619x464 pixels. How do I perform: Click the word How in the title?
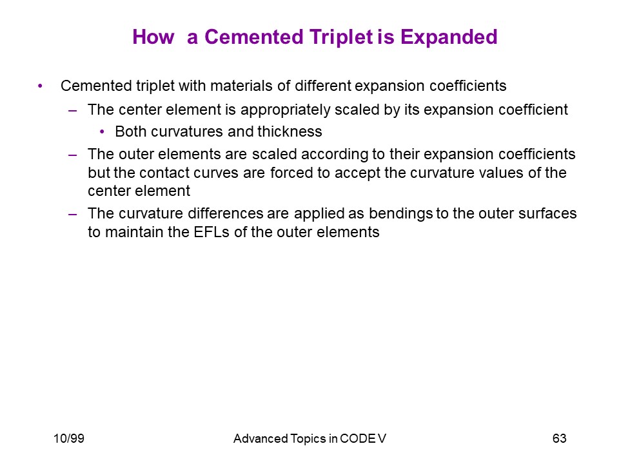point(153,37)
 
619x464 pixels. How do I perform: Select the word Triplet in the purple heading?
point(341,38)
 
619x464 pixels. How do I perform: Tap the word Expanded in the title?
point(449,38)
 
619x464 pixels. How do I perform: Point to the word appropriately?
point(286,110)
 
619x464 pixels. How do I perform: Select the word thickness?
point(290,131)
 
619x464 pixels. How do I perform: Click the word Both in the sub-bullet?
point(131,131)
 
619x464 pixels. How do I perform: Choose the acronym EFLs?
point(211,232)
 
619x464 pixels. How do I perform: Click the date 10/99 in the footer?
point(69,438)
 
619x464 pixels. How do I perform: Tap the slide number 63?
point(560,438)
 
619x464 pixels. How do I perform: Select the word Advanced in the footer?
point(260,438)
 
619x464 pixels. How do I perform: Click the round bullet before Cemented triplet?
point(40,86)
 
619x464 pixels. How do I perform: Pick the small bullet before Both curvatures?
point(103,131)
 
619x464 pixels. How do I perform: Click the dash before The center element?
point(73,111)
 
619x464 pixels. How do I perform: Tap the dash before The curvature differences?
point(73,215)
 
